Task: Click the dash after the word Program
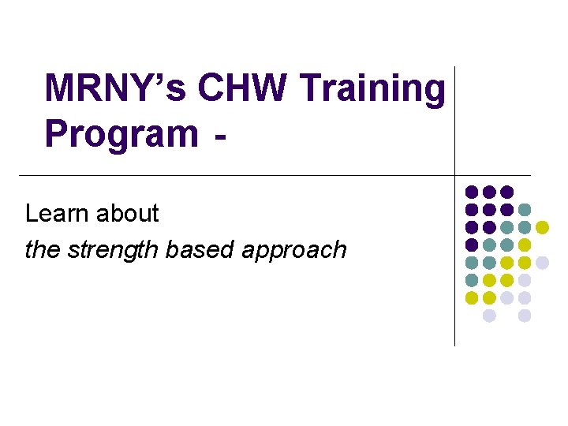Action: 219,141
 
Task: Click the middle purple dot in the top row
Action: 489,192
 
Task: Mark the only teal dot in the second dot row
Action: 525,210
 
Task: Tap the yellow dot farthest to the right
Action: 542,227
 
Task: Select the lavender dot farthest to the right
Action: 542,263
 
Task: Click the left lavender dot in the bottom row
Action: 489,316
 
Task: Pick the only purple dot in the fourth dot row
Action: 472,245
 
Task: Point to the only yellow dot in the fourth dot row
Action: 525,245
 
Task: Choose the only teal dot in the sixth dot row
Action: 472,280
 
